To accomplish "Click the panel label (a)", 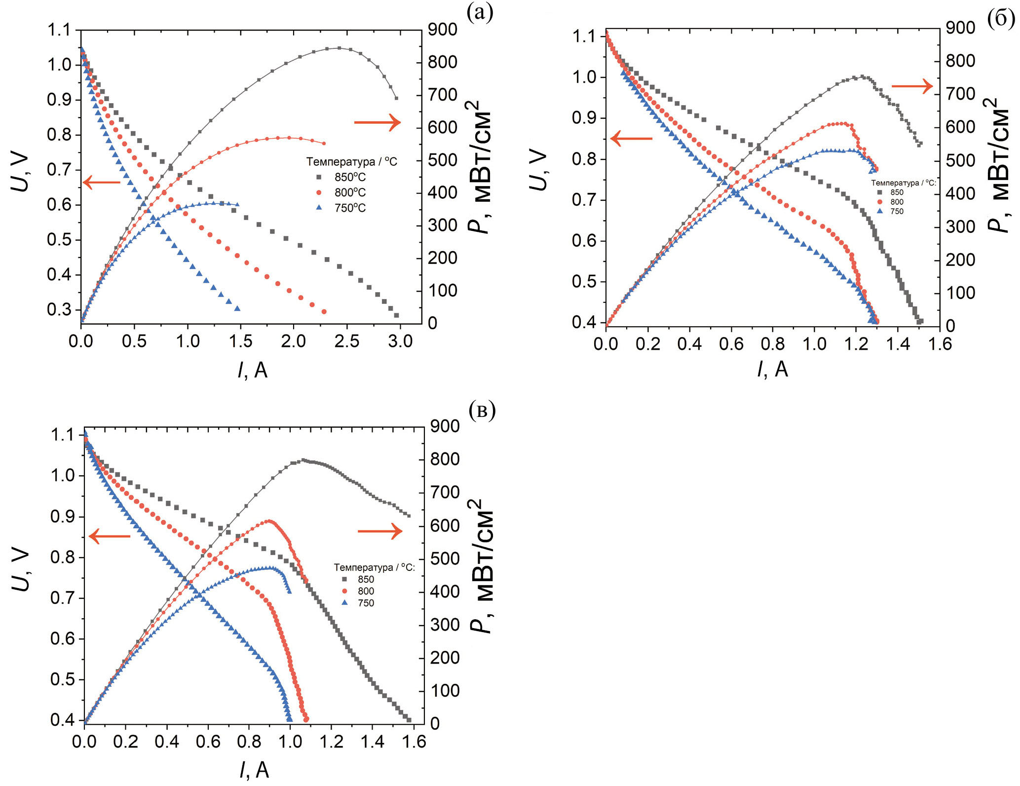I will (480, 13).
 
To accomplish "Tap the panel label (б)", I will (1001, 18).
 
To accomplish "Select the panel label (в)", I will (482, 411).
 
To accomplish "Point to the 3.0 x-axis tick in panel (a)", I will (400, 341).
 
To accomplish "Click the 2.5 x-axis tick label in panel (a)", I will (347, 341).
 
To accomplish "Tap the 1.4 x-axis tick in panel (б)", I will (898, 343).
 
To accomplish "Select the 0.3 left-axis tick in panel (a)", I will (59, 310).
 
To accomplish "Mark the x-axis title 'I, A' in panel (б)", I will (772, 369).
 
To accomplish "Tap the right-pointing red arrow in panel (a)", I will (378, 122).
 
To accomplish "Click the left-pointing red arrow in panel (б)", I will (632, 139).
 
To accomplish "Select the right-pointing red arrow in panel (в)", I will (380, 531).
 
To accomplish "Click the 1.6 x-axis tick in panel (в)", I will (414, 742).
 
